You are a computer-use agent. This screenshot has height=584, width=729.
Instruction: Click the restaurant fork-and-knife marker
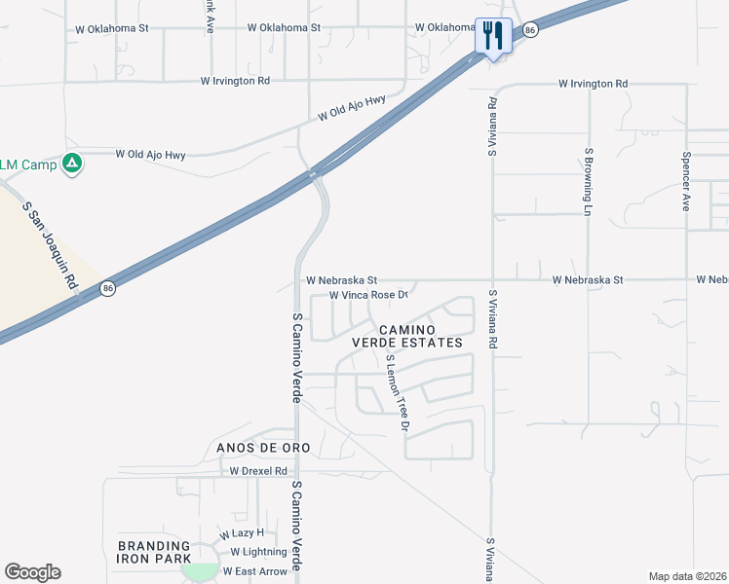492,37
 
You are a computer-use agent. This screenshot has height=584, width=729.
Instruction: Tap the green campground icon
71,164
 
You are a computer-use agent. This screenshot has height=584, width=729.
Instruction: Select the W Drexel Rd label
258,471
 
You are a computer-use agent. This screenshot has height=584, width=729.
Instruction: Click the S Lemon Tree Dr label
396,393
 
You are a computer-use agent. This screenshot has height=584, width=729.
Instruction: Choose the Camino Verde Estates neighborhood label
406,336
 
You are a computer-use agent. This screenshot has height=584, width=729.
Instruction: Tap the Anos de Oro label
257,448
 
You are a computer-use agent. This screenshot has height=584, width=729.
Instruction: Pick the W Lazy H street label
242,534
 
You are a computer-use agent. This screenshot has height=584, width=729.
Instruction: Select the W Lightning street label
251,552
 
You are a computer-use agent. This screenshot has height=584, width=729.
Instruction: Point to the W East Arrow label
256,571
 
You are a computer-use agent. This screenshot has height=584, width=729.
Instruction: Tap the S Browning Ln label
589,182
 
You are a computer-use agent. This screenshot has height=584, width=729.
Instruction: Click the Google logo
33,572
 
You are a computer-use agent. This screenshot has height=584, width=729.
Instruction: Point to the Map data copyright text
687,576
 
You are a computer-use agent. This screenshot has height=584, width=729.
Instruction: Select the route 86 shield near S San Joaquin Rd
106,289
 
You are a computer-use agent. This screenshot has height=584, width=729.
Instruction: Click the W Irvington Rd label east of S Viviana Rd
593,85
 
